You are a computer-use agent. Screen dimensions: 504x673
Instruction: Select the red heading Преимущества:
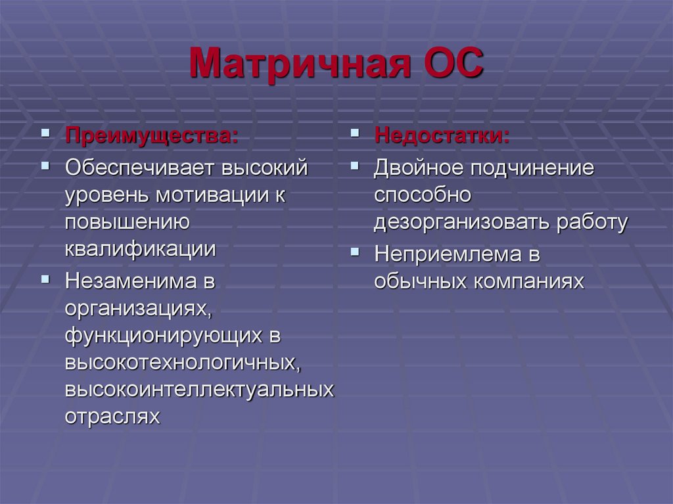[151, 137]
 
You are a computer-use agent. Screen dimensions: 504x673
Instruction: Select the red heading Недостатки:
[442, 137]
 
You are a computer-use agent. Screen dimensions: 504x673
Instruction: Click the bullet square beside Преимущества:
[45, 133]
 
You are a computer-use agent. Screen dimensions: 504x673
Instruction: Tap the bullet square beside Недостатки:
[355, 133]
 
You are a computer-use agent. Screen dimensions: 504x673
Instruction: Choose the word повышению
[128, 223]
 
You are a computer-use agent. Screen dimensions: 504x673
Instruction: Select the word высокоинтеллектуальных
[199, 389]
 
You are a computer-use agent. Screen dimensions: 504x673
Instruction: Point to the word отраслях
[112, 417]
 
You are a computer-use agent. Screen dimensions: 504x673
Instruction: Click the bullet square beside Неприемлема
[355, 250]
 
